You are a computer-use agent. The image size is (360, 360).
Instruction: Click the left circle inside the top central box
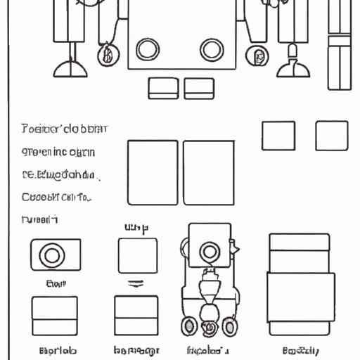[147, 49]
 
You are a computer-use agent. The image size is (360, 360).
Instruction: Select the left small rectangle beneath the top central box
[163, 88]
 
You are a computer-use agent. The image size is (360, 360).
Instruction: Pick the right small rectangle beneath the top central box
[198, 88]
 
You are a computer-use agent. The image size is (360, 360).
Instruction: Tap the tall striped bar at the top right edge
[340, 53]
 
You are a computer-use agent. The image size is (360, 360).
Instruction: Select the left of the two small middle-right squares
[278, 135]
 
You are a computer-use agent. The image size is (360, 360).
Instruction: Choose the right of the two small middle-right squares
[331, 135]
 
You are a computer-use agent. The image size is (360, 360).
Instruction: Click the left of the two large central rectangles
[153, 172]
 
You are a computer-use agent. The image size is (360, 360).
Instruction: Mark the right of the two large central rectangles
[208, 172]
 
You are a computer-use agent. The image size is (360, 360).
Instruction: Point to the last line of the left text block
[39, 219]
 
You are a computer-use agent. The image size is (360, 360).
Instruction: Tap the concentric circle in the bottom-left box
[51, 255]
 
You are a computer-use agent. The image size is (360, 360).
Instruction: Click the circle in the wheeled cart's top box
[209, 252]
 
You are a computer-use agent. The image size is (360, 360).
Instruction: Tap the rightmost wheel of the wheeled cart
[231, 328]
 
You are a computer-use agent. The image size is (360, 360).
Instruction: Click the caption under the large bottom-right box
[300, 350]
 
